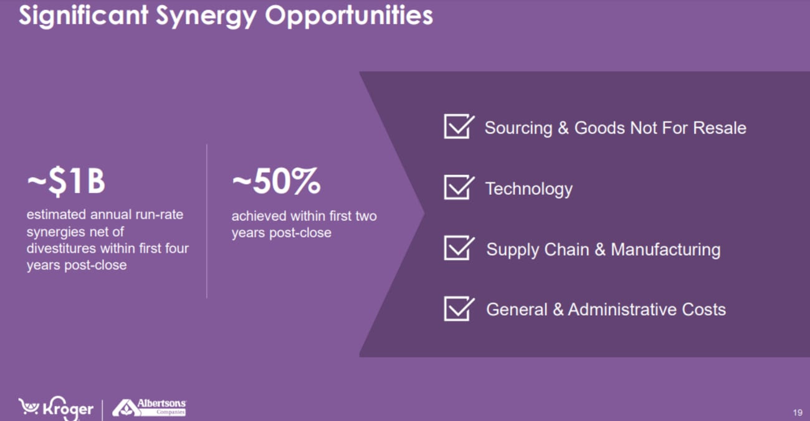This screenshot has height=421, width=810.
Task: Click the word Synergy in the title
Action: pos(206,17)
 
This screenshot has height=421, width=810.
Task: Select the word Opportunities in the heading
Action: pos(349,17)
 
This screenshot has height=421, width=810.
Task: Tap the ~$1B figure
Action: pos(66,181)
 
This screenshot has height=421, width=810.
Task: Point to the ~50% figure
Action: pos(276,181)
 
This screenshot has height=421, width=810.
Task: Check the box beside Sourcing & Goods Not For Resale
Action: pos(459,126)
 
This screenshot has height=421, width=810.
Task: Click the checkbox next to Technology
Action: pos(459,187)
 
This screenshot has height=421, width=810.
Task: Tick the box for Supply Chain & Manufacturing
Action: pos(459,248)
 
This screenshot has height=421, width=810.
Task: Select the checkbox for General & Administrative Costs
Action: pos(459,309)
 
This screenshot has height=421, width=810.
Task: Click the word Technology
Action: pos(528,189)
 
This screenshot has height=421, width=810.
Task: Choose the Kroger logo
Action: pos(55,409)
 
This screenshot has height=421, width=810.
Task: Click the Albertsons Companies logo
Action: pos(149,408)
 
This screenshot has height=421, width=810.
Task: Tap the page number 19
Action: pos(798,412)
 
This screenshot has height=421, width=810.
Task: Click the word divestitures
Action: pos(61,248)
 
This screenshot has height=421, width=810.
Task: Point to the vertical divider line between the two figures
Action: pos(207,221)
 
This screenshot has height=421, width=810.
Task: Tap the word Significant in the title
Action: pos(83,16)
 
